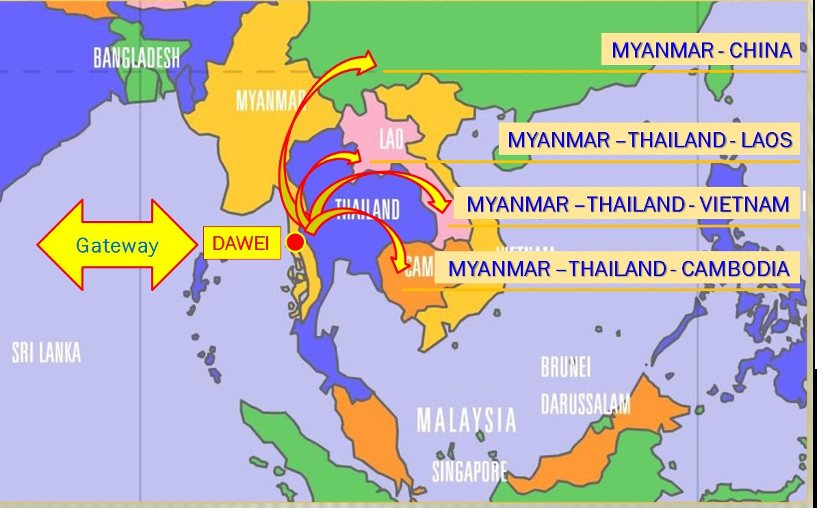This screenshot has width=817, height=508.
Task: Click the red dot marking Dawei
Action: point(295,242)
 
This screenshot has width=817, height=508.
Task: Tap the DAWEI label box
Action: point(242,244)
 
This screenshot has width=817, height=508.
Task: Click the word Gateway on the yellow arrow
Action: point(117,245)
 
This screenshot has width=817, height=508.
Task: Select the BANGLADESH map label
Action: point(136,58)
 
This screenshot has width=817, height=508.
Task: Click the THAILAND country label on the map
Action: point(367,208)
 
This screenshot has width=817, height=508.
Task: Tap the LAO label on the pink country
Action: point(391,140)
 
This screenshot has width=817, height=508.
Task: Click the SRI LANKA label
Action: point(46,353)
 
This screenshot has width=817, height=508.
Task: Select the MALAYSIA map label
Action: point(466,419)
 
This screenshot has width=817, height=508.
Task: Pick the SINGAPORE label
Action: point(469,470)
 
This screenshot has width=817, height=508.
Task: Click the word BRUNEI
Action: point(565,368)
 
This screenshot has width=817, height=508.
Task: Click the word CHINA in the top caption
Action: point(760,50)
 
